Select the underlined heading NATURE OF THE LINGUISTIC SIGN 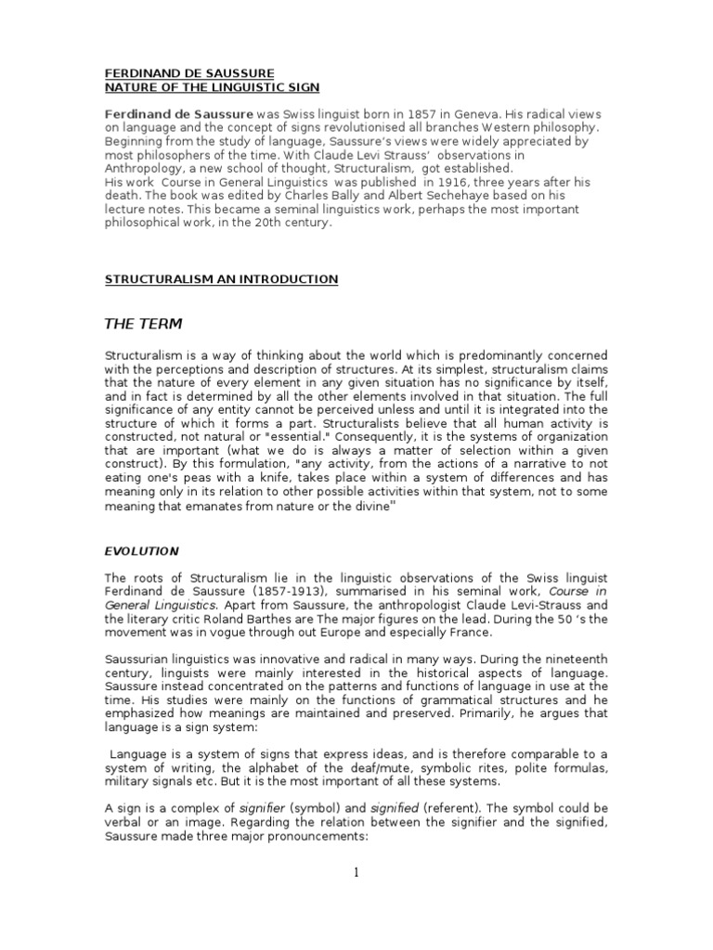click(211, 86)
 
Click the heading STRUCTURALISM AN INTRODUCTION click(220, 279)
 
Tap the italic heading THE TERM click(143, 324)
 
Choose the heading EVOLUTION click(140, 550)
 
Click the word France click(452, 633)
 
